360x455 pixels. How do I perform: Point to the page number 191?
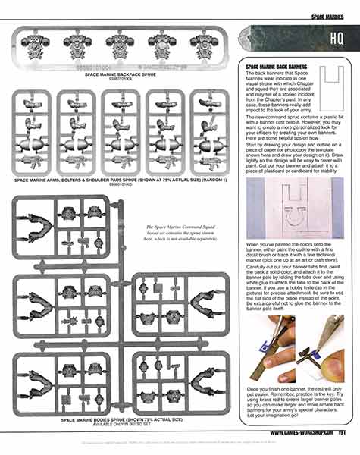[343, 434]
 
